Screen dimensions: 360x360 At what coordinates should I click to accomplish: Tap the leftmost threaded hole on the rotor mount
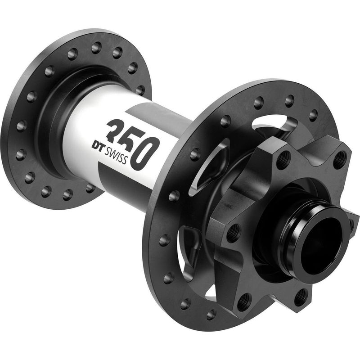pyautogui.click(x=233, y=233)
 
